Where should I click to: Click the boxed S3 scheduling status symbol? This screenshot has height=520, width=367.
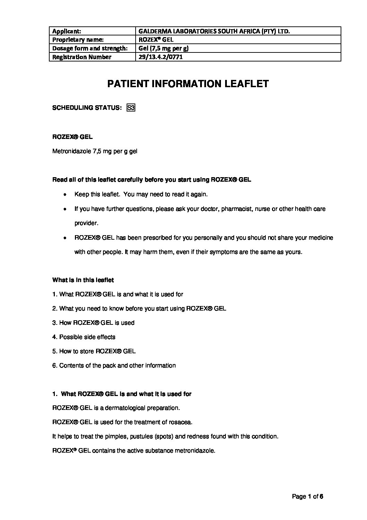pyautogui.click(x=131, y=108)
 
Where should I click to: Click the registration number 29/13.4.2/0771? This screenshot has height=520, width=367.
pyautogui.click(x=161, y=57)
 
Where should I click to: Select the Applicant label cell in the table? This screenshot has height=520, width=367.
pyautogui.click(x=67, y=31)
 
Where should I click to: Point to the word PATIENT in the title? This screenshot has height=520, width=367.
pyautogui.click(x=127, y=84)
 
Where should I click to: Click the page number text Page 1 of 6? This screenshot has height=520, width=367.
pyautogui.click(x=307, y=496)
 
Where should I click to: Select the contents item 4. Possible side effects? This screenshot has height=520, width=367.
pyautogui.click(x=84, y=337)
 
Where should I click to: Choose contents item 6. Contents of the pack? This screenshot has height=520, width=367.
pyautogui.click(x=114, y=365)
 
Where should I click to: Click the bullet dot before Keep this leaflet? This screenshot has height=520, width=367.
pyautogui.click(x=65, y=195)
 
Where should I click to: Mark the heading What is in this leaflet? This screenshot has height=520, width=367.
pyautogui.click(x=83, y=280)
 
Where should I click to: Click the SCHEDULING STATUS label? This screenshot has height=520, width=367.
pyautogui.click(x=87, y=108)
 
